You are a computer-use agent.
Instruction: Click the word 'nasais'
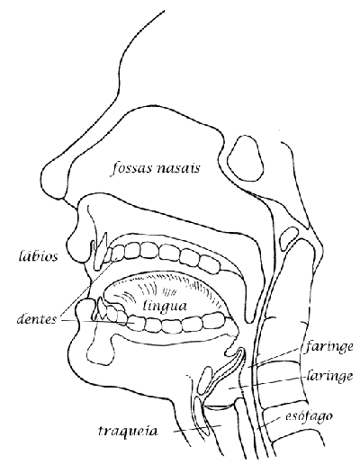click(178, 168)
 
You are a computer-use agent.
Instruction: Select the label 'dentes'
click(36, 318)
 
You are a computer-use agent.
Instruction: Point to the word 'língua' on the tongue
click(165, 307)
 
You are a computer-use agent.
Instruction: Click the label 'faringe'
click(328, 347)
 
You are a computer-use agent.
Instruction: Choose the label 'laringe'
click(330, 376)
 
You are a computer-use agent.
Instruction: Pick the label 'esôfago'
click(308, 417)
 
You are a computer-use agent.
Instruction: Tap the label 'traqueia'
click(128, 431)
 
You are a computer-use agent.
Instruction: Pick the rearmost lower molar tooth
click(213, 321)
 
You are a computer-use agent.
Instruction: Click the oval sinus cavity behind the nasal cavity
click(245, 158)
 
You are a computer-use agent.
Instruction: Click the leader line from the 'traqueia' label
click(197, 429)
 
